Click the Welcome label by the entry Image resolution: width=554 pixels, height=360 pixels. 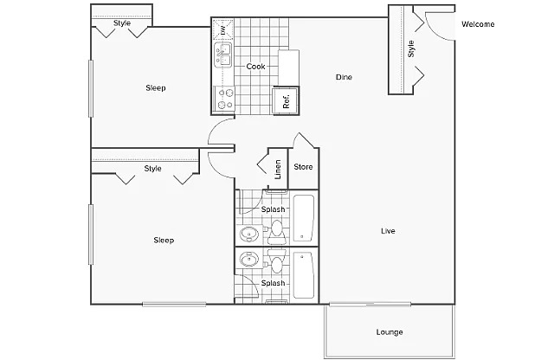click(478, 24)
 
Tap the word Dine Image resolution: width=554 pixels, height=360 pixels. click(344, 77)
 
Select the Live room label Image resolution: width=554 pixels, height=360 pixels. click(388, 231)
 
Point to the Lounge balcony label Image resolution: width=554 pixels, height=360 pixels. click(390, 332)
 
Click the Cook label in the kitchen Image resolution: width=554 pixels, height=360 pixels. click(255, 67)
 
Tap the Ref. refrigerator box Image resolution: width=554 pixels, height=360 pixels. click(286, 100)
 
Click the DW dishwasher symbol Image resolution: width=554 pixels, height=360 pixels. click(223, 29)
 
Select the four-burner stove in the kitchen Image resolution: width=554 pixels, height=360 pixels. click(225, 99)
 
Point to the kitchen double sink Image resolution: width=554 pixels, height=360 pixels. click(223, 55)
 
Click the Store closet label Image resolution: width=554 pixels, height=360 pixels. click(303, 167)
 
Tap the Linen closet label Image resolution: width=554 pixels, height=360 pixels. click(278, 170)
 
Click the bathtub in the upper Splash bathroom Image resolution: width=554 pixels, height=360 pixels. click(304, 218)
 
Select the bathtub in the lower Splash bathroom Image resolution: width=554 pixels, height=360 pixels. click(304, 275)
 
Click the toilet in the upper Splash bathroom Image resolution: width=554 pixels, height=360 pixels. click(276, 232)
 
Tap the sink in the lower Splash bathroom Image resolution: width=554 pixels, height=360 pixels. click(249, 260)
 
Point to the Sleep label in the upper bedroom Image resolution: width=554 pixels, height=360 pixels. click(156, 88)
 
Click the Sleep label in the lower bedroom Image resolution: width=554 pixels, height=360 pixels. click(164, 241)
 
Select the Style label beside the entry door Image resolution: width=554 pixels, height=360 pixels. click(411, 48)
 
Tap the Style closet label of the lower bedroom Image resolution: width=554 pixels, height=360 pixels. click(152, 169)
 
